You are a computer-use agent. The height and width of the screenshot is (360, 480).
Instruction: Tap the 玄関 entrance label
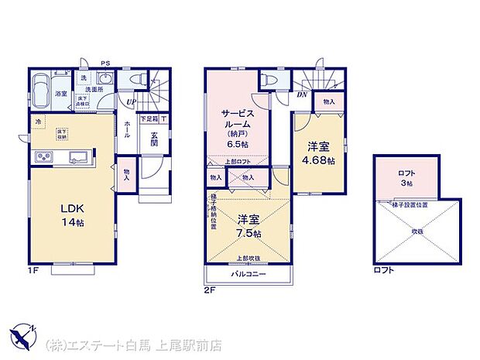[155, 139]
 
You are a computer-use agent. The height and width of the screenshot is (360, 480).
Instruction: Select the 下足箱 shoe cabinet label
[149, 118]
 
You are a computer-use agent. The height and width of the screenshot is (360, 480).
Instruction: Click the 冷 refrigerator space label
[37, 122]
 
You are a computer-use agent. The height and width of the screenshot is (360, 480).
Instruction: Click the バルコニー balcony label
[247, 275]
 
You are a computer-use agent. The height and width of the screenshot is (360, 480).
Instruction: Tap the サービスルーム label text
[238, 118]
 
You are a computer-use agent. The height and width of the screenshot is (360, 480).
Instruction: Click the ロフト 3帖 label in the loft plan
[406, 180]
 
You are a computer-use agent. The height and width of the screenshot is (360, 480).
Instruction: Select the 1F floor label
[33, 269]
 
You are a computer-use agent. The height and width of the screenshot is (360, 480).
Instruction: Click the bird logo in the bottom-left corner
[24, 338]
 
